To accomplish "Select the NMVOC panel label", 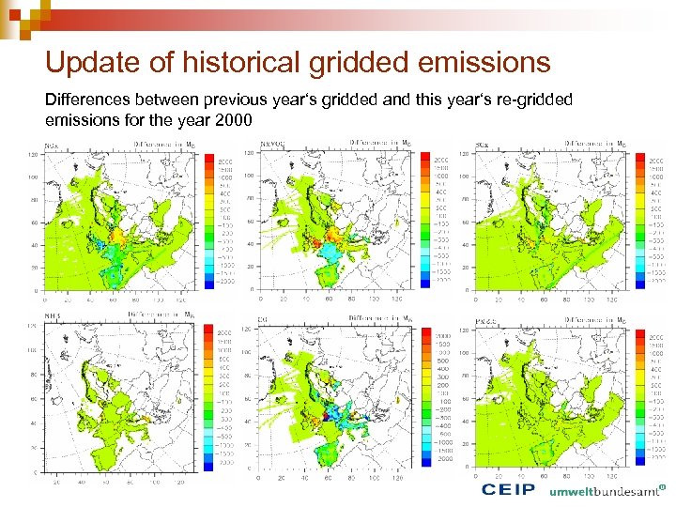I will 273,145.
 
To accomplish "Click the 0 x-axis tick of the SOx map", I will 475,300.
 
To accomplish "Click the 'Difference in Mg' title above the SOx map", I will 595,144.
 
